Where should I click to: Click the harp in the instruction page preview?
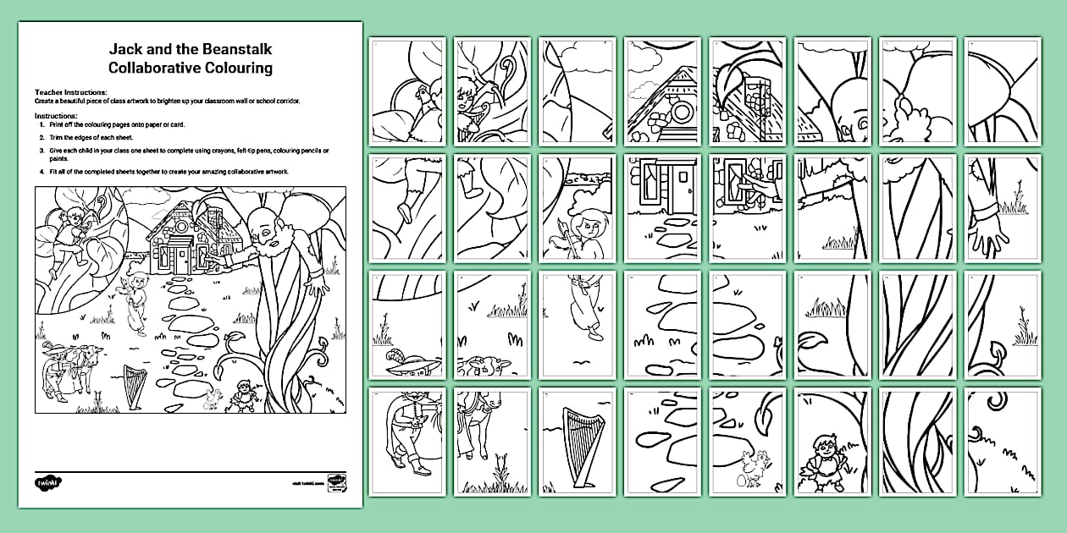(134, 386)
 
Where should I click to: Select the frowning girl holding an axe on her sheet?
(584, 228)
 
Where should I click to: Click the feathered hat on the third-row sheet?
(412, 364)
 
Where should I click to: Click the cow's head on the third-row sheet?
(500, 365)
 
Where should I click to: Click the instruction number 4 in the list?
(41, 171)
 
